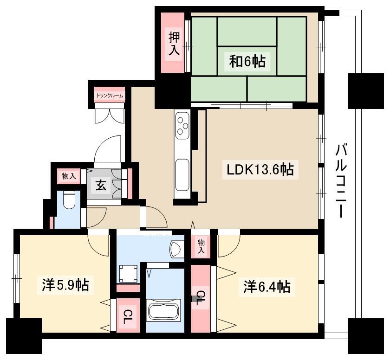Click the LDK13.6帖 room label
click(x=260, y=169)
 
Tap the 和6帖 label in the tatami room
click(x=247, y=61)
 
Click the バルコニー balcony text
click(x=341, y=180)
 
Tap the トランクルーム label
click(x=110, y=96)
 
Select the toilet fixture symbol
click(x=69, y=200)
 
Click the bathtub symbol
click(x=163, y=310)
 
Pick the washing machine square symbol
click(x=128, y=274)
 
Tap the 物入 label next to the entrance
click(x=69, y=177)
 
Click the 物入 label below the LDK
click(x=201, y=246)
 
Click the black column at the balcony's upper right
click(x=366, y=90)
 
